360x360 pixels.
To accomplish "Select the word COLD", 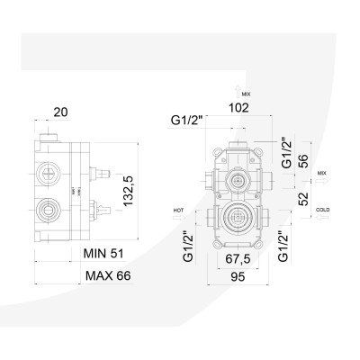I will tap(323, 209).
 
